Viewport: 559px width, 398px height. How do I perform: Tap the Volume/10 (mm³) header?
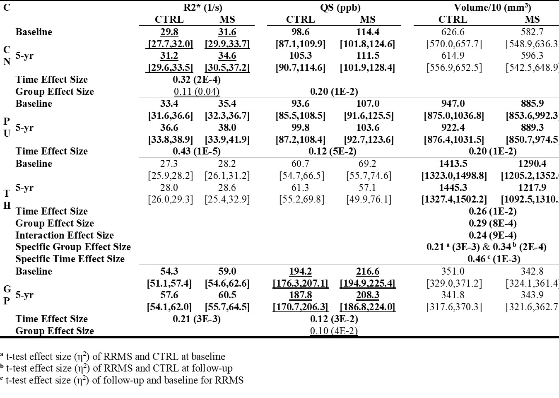click(x=492, y=7)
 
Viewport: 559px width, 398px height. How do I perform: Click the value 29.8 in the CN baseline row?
click(x=169, y=32)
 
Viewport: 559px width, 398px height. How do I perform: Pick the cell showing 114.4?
click(x=367, y=32)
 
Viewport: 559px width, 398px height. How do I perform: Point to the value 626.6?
click(x=453, y=32)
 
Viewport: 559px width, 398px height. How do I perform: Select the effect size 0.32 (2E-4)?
click(x=197, y=80)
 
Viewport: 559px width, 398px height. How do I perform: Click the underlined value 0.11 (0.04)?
click(x=197, y=92)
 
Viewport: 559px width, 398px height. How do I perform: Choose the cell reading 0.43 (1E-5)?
click(x=197, y=151)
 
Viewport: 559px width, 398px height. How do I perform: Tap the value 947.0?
click(x=453, y=104)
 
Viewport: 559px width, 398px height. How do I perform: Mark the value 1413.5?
click(x=453, y=164)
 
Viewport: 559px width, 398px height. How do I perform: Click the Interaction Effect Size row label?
click(x=65, y=235)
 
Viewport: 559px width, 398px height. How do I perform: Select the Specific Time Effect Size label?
click(x=70, y=259)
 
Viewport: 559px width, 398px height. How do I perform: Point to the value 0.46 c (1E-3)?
click(x=494, y=259)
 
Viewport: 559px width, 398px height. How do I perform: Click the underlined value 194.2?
click(x=300, y=271)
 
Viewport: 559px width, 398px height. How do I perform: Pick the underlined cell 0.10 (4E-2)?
click(x=334, y=331)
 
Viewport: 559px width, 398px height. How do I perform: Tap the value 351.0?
click(x=453, y=271)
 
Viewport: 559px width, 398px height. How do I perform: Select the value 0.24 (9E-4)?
click(x=492, y=235)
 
